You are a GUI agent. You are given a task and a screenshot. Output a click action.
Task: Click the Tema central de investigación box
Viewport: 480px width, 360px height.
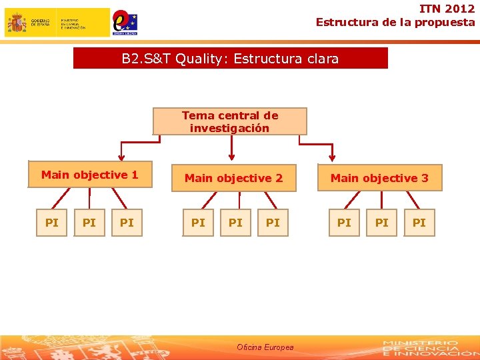coord(230,121)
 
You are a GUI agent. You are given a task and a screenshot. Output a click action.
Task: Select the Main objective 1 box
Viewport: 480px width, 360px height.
coord(90,175)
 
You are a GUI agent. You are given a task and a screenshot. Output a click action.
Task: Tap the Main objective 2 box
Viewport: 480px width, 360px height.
coord(233,178)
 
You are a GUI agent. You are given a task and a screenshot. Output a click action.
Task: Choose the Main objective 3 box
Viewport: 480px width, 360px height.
coord(379,178)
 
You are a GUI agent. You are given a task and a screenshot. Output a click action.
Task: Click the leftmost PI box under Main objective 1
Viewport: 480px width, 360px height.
coord(51,223)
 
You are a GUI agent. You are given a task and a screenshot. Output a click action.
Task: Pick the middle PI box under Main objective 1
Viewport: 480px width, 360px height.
coord(89,223)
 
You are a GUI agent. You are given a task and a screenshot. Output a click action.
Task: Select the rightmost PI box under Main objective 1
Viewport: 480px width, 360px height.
coord(127,223)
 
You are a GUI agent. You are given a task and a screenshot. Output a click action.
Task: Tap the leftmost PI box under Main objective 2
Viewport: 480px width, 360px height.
coord(198,223)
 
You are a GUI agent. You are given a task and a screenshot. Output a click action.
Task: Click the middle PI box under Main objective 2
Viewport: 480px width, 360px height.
coord(235,223)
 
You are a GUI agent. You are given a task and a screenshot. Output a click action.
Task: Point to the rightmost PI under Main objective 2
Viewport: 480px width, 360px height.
coord(273,223)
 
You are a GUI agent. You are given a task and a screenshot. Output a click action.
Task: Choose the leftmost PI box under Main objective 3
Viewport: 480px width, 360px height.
coord(344,223)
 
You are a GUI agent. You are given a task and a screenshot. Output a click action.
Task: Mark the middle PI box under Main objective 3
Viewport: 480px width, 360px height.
coord(381,223)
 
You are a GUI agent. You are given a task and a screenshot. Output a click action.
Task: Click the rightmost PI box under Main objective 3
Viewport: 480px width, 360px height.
coord(419,223)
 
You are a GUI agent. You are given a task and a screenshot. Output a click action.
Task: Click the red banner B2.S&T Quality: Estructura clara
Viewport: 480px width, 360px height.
coord(230,59)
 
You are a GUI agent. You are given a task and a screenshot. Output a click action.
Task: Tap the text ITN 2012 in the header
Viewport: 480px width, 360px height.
coord(447,9)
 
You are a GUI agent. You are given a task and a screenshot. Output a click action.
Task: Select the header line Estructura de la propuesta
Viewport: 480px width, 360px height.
coord(395,22)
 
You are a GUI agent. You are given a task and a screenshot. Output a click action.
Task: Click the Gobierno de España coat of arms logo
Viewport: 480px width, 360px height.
coord(17,23)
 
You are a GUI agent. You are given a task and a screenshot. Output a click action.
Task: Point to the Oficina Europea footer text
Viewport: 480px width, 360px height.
coord(265,347)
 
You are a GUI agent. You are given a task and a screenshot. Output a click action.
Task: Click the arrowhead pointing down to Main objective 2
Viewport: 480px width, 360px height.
coord(231,157)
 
